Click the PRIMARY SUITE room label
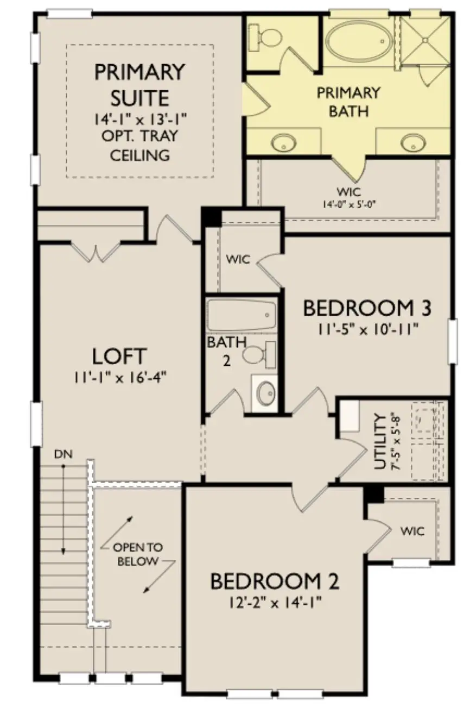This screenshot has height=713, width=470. pos(140,84)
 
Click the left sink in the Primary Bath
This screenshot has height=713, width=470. pos(284,142)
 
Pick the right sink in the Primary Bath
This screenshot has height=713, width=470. pos(412,142)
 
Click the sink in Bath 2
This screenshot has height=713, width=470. pos(266,393)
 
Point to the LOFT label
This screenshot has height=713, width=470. pos(119,356)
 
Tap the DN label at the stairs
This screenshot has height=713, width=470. pos(63,453)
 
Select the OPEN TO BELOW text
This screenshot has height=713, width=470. pos(138,554)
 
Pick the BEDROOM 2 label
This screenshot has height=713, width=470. pos(275,581)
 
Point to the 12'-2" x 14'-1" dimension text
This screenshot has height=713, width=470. pos(275,602)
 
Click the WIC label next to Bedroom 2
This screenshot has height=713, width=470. pos(413,530)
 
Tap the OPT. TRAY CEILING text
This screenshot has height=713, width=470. pos(140,144)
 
